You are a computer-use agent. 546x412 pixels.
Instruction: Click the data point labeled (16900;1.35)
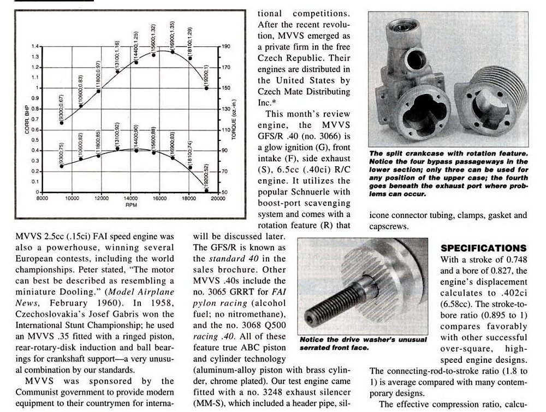tap(173, 51)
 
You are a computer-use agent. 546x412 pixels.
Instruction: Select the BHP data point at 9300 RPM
tap(62, 122)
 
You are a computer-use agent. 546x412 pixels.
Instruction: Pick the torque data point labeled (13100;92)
tap(117, 149)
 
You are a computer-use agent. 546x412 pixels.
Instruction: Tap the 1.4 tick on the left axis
tap(37, 46)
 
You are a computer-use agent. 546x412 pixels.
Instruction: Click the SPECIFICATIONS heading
tap(484, 248)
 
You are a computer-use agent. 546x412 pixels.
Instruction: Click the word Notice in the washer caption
tap(313, 339)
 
